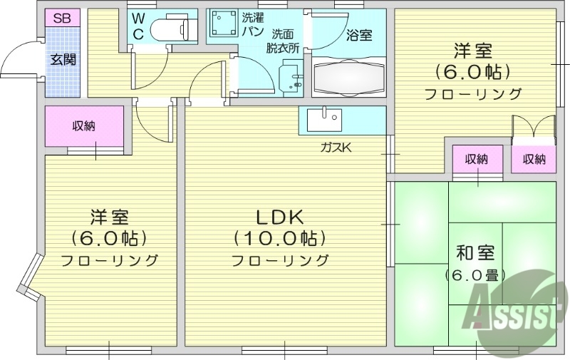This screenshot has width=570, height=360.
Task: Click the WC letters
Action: (x=138, y=27)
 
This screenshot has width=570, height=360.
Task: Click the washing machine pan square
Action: (x=224, y=27)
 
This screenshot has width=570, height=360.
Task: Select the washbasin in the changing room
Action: (x=291, y=76)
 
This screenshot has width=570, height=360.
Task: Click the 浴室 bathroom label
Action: (x=358, y=34)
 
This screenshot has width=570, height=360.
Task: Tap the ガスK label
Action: (x=336, y=148)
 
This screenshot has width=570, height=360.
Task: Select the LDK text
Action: (x=280, y=217)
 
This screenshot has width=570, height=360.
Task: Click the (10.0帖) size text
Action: (x=280, y=238)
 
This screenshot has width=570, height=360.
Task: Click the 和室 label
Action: (x=475, y=252)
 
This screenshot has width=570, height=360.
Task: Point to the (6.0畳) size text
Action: (x=475, y=275)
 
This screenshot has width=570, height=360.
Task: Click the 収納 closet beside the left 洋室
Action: (x=85, y=127)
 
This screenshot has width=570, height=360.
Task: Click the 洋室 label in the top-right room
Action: (x=473, y=51)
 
